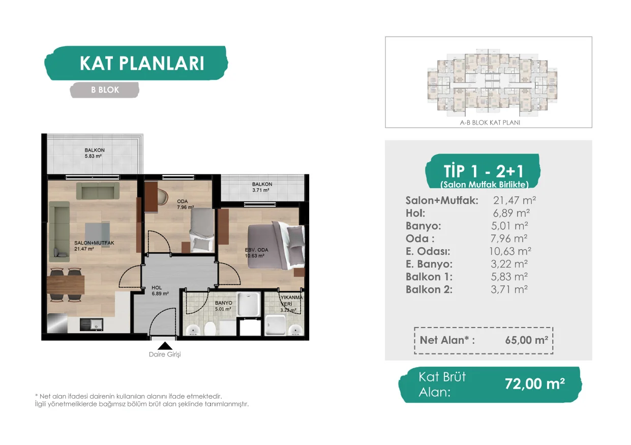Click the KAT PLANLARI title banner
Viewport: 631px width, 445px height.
[x=136, y=63]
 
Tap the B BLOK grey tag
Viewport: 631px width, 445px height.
[x=105, y=90]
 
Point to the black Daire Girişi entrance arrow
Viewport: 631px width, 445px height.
[x=165, y=346]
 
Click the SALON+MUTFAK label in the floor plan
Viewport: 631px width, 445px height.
[x=94, y=243]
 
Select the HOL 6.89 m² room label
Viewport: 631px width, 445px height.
[x=160, y=290]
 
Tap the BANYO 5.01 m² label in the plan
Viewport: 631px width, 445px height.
[x=223, y=306]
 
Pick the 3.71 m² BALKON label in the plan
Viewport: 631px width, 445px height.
[x=262, y=187]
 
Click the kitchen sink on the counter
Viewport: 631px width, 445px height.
[x=92, y=324]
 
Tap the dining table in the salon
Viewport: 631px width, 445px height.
[x=66, y=285]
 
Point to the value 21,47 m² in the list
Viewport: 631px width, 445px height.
[x=515, y=200]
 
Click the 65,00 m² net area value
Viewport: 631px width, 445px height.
[x=526, y=340]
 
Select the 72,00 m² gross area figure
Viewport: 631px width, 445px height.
[x=535, y=383]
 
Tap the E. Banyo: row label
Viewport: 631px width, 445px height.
[x=429, y=264]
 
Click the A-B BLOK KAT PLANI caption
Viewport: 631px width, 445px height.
[x=490, y=123]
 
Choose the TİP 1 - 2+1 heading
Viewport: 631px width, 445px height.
[x=484, y=171]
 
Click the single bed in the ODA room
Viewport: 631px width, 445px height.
[x=202, y=230]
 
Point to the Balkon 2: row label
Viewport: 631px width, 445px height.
[x=429, y=289]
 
